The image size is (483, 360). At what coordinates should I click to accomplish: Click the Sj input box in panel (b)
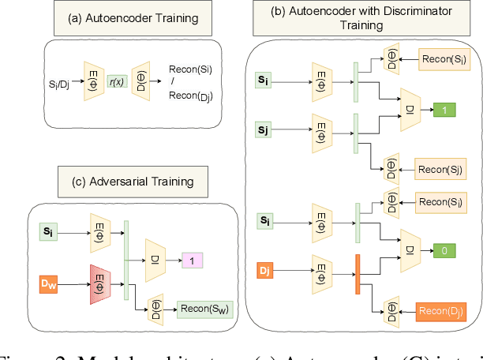[264, 127]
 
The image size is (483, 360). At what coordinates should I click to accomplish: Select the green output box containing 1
[445, 111]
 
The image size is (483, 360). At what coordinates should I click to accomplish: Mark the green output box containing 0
[445, 250]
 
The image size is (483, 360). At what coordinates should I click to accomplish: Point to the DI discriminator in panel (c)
[155, 260]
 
